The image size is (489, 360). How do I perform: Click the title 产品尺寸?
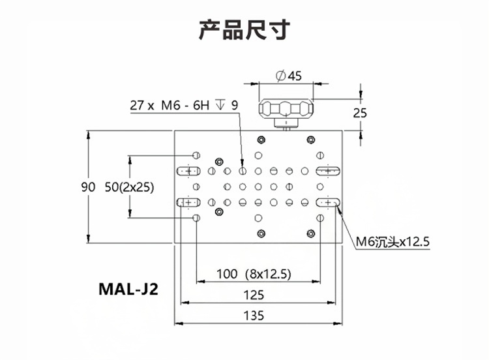tap(244, 29)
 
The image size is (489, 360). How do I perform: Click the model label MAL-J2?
tap(128, 289)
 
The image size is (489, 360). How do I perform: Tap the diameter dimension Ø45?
tap(289, 76)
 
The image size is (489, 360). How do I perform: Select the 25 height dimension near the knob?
tap(360, 113)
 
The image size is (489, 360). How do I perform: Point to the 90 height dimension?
tap(88, 187)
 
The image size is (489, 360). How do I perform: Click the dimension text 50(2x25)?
tap(130, 187)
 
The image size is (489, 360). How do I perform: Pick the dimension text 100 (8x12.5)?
tap(254, 274)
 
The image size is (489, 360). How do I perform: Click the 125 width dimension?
tap(254, 295)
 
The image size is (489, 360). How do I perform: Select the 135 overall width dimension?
tap(254, 316)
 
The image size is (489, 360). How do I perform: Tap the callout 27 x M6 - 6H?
tap(170, 106)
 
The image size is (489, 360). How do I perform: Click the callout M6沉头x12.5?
tap(393, 241)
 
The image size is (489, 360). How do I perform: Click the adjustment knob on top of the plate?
tap(286, 109)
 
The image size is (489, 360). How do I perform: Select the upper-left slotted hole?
tap(188, 171)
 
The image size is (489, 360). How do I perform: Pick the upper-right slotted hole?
tap(328, 171)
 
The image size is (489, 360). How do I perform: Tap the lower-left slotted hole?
tap(188, 202)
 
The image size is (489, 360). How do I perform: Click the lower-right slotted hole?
tap(328, 202)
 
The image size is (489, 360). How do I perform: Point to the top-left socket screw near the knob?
tap(261, 140)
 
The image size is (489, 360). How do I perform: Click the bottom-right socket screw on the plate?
tap(310, 233)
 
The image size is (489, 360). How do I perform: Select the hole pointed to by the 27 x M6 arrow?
tap(243, 171)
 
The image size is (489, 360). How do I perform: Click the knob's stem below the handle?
tap(286, 124)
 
